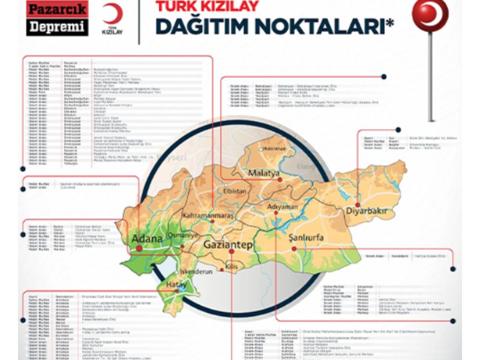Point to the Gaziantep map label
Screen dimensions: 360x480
(x=229, y=246)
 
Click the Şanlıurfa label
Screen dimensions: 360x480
(x=306, y=238)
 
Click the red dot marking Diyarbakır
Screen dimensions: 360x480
(x=358, y=204)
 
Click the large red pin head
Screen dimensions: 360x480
(x=430, y=14)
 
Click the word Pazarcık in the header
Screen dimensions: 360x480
(x=57, y=10)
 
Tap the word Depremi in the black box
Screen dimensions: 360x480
(x=57, y=27)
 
